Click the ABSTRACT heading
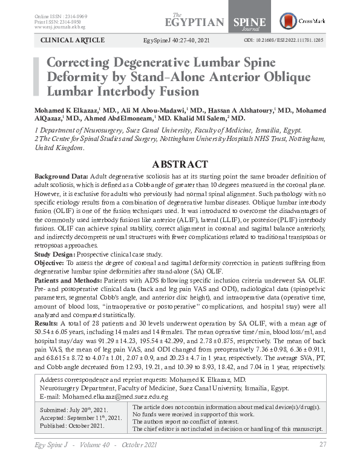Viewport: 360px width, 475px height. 180,165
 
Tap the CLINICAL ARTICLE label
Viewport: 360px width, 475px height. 72,41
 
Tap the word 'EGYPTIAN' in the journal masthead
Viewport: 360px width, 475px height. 194,22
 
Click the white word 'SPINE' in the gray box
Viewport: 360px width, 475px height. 245,22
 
